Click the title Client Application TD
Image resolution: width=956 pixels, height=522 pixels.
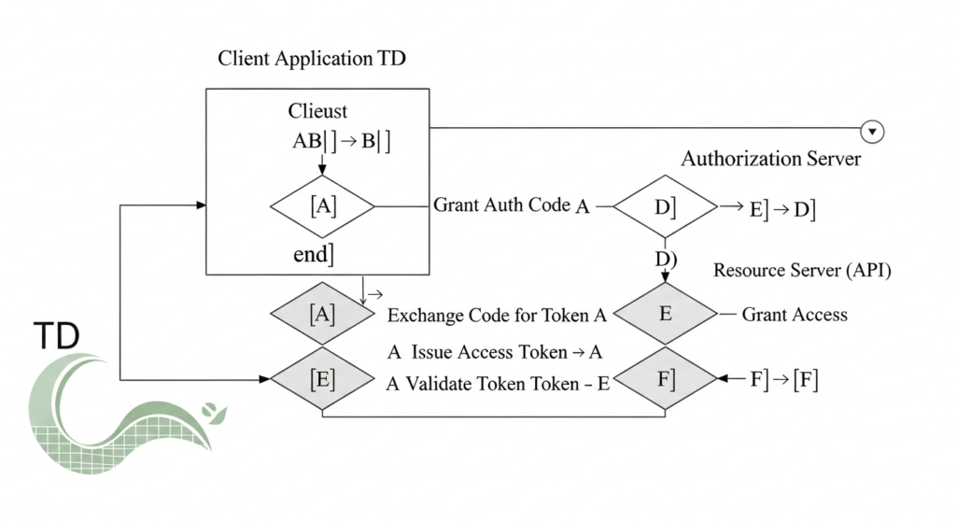tap(312, 59)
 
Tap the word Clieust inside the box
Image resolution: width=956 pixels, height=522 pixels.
tap(317, 111)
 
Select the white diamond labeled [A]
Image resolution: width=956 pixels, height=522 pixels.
tap(322, 206)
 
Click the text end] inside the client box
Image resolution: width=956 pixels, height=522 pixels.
tap(313, 254)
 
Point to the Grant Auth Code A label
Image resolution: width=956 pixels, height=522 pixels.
tap(512, 206)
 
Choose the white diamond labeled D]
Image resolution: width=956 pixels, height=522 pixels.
tap(665, 206)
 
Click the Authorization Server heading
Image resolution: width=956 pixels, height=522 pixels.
tap(770, 159)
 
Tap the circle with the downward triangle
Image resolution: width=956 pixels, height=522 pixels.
tap(872, 132)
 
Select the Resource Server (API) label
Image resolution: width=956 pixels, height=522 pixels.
tap(802, 271)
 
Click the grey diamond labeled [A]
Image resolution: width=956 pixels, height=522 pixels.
tap(322, 315)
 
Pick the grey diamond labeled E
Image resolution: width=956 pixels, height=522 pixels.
tap(665, 314)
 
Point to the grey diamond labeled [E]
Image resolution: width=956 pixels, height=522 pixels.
tap(322, 380)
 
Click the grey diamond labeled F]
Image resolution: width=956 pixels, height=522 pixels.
tap(665, 380)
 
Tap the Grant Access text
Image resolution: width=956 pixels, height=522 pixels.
tap(794, 315)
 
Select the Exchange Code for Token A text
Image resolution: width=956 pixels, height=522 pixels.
tap(497, 316)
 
